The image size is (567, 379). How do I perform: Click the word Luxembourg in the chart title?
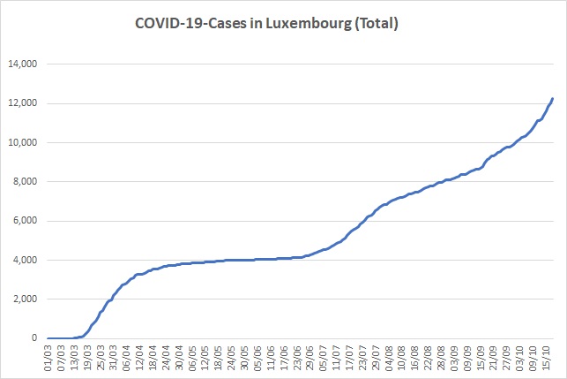point(309,24)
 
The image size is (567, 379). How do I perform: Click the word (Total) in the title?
point(377,24)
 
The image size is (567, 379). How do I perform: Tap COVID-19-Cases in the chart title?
point(191,24)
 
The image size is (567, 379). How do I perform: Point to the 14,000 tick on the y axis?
point(23,64)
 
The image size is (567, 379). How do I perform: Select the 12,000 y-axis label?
point(23,103)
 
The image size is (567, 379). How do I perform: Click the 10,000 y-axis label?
point(23,143)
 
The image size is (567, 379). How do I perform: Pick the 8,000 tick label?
point(25,181)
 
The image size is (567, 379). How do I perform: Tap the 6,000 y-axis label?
point(25,221)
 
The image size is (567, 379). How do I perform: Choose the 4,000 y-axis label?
point(25,260)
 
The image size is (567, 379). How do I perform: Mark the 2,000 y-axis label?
point(25,299)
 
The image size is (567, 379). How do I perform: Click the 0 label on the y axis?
point(34,338)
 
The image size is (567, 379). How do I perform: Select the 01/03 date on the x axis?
point(48,358)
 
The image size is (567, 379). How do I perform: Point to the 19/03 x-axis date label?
point(87,358)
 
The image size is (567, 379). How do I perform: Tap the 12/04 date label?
point(140,358)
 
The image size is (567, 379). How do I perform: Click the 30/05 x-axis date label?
point(245,358)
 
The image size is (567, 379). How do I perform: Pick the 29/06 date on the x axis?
point(310,358)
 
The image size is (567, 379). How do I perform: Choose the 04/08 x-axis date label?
point(389,358)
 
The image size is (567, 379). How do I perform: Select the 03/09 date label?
point(454,358)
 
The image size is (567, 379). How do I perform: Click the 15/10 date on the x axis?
point(547,358)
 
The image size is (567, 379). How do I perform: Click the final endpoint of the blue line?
point(553,99)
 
